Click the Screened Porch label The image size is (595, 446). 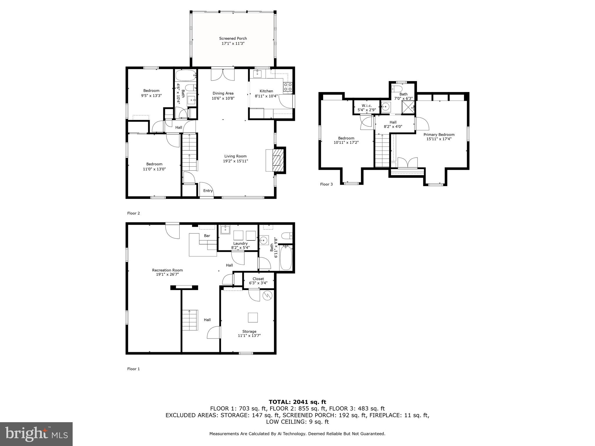coord(233,38)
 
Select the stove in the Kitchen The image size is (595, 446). coord(288,87)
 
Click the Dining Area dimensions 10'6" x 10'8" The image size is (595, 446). coord(223,98)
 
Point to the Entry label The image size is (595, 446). coord(208,191)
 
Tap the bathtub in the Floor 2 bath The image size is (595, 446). coord(186,75)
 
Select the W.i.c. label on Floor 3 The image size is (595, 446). coord(366,106)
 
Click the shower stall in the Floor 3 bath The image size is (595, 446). coord(408,107)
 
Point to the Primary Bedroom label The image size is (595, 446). coord(439,134)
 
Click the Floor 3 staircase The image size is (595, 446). coord(382,151)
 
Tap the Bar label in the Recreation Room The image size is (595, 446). coord(207,236)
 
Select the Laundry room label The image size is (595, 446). coord(240,243)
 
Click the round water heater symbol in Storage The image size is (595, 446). coord(267,296)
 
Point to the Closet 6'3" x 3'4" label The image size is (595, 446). coord(258,281)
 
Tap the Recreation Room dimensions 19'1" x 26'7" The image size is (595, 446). coord(167,274)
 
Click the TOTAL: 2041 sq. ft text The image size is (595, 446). coord(297,402)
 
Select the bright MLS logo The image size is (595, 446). coord(36,434)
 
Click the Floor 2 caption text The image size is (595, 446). coord(133,213)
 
